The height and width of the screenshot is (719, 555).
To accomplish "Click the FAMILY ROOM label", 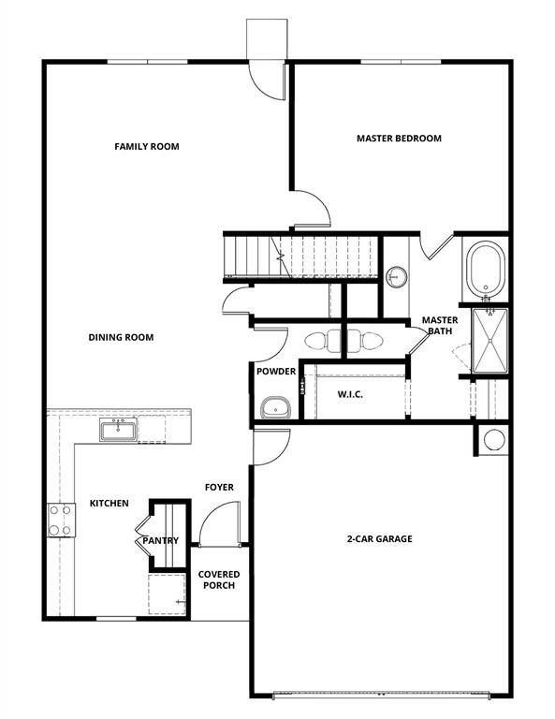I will pyautogui.click(x=147, y=146).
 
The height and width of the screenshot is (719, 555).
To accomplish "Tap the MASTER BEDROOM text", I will pyautogui.click(x=399, y=139).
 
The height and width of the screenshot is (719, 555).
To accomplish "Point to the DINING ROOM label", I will pyautogui.click(x=121, y=337).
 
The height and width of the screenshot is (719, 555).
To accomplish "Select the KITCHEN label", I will pyautogui.click(x=109, y=504).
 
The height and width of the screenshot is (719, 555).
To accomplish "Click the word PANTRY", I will pyautogui.click(x=160, y=540).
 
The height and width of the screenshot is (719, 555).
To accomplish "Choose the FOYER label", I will pyautogui.click(x=219, y=487).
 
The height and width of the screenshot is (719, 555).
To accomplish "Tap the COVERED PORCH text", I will pyautogui.click(x=218, y=580).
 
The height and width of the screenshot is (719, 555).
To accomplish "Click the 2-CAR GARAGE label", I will pyautogui.click(x=379, y=538).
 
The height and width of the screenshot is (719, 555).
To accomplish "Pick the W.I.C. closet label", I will pyautogui.click(x=350, y=394).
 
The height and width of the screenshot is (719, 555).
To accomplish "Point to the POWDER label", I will pyautogui.click(x=276, y=372).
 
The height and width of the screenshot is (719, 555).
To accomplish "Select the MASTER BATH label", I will pyautogui.click(x=439, y=325).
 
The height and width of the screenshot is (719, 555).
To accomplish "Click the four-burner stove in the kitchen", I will pyautogui.click(x=61, y=520).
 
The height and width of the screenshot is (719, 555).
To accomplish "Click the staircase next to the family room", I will pyautogui.click(x=299, y=257).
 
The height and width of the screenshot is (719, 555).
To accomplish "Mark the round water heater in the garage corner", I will pyautogui.click(x=493, y=440).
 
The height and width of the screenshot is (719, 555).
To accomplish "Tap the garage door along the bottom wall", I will pyautogui.click(x=381, y=696).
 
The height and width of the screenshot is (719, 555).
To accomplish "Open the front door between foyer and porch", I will pyautogui.click(x=221, y=524).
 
